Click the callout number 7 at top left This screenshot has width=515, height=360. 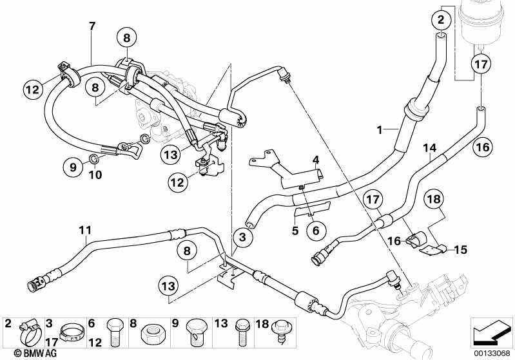92,26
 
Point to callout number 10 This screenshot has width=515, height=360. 95,174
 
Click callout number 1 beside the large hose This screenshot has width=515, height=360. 381,129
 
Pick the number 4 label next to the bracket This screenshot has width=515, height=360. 316,160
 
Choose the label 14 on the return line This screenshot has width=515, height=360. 429,148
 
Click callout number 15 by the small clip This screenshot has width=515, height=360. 462,249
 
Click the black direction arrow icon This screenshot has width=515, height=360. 492,332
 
